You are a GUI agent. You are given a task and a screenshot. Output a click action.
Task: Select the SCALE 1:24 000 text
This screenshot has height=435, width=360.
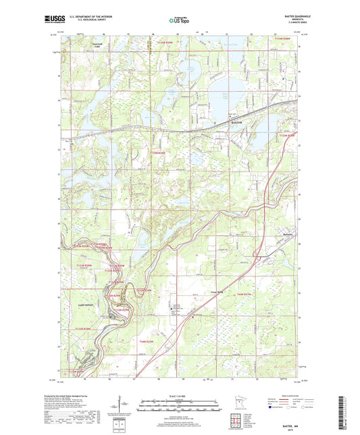click(x=180, y=395)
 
